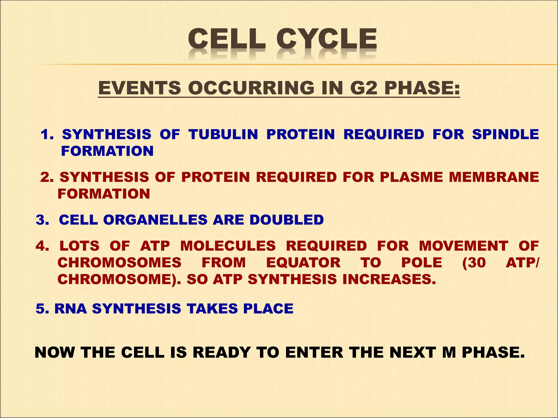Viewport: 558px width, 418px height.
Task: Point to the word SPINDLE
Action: pos(505,134)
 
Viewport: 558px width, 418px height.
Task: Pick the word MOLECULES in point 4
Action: pos(228,246)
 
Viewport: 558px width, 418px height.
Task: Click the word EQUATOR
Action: pos(303,263)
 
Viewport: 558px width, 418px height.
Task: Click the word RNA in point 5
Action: pos(71,309)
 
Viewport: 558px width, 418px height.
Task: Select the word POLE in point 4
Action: pos(421,263)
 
